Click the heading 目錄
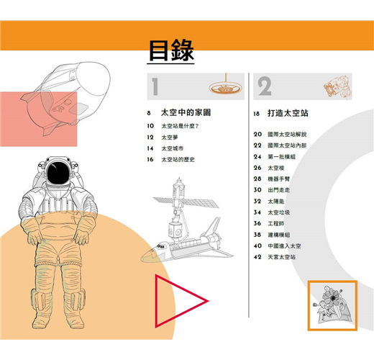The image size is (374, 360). click(x=171, y=50)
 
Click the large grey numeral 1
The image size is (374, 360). click(x=155, y=86)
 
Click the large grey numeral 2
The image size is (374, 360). click(x=265, y=86)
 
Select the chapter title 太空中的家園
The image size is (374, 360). click(x=186, y=112)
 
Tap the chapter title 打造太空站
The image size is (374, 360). click(x=288, y=113)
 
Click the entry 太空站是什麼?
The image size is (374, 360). click(x=180, y=126)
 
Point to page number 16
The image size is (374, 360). click(x=150, y=159)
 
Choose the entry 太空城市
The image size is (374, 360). click(x=173, y=148)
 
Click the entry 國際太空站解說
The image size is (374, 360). click(x=287, y=134)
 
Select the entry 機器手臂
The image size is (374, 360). click(x=279, y=179)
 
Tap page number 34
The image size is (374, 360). click(x=257, y=212)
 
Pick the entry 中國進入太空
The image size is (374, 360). click(x=284, y=246)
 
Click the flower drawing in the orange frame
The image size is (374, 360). click(x=332, y=304)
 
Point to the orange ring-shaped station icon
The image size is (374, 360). click(x=225, y=88)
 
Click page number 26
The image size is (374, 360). click(x=257, y=168)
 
